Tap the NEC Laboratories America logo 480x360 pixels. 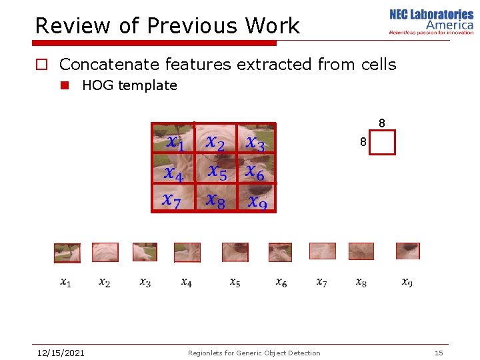pos(431,22)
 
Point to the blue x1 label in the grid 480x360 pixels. pos(175,143)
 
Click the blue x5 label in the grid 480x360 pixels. pos(217,172)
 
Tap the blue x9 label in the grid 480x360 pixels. pos(257,201)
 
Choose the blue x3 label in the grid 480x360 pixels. pos(255,143)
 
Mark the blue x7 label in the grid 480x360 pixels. pos(172,201)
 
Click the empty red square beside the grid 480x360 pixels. pos(382,143)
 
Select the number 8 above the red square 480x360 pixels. pos(381,123)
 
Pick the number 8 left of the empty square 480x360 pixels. pos(363,143)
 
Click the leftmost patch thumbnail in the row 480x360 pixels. pos(67,253)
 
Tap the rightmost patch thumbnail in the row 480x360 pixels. pos(407,251)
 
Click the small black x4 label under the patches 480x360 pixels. pos(187,283)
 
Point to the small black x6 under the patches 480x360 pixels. pos(281,283)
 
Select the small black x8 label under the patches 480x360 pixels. pos(361,283)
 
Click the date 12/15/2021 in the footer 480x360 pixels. pos(60,353)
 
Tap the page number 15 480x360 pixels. pos(439,353)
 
